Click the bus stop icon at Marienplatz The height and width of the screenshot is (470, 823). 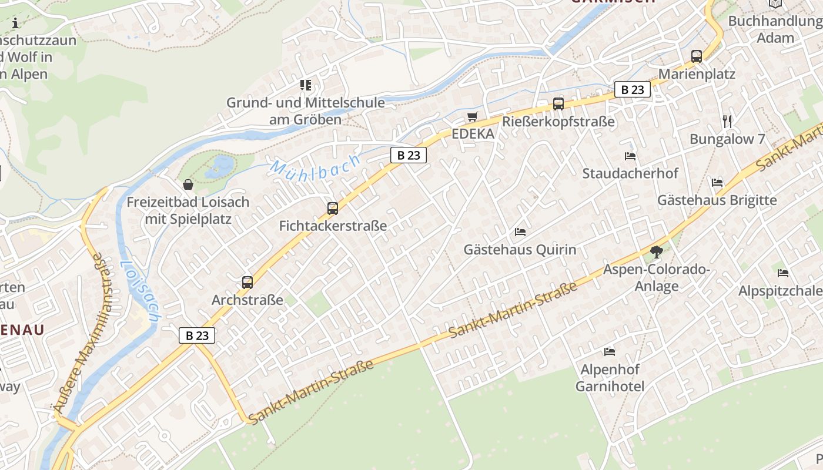pos(697,56)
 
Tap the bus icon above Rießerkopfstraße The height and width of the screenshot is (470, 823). pos(558,103)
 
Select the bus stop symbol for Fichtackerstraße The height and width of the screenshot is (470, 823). pos(333,208)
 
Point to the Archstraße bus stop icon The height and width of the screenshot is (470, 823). pos(247,282)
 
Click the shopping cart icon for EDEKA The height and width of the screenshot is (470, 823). pos(472,116)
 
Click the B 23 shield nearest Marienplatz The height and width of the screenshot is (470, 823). pos(633,89)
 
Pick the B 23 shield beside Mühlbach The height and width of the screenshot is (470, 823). pos(409,155)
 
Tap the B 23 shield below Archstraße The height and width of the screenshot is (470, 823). pos(197,335)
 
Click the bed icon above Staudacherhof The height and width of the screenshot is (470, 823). pos(630,156)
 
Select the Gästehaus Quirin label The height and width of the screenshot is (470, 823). pos(520,250)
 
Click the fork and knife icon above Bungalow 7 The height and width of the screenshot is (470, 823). pos(728,122)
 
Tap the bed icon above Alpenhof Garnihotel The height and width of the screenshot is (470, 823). pos(610,352)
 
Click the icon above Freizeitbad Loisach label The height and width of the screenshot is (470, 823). pos(188,184)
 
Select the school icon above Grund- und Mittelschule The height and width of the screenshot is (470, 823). pos(306,85)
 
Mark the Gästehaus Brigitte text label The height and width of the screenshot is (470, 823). pos(717,200)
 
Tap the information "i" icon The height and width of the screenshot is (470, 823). pos(15,23)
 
